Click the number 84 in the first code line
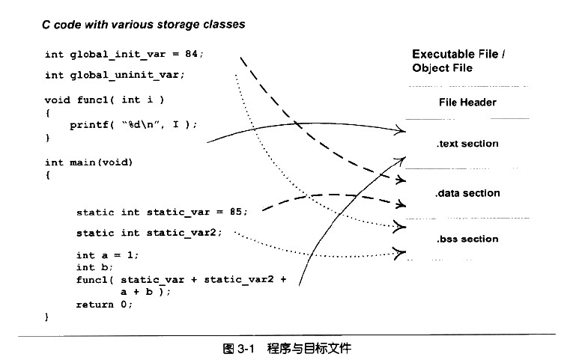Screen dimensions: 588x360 [191, 54]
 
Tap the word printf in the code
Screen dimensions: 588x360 [88, 125]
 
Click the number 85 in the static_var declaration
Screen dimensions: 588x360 [235, 212]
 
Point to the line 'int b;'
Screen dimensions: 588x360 [94, 267]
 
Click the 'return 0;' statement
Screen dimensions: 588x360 [104, 305]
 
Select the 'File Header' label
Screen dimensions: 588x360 [467, 103]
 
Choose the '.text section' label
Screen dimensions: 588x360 [467, 144]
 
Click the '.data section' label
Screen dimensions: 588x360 [467, 193]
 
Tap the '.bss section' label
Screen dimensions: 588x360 [467, 239]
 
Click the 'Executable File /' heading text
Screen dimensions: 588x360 [458, 55]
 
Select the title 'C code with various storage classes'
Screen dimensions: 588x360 [144, 25]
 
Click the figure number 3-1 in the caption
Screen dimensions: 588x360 [246, 349]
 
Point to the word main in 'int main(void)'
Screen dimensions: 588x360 [82, 162]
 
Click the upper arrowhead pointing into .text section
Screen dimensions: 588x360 [400, 130]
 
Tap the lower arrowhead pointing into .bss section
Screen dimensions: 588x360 [400, 253]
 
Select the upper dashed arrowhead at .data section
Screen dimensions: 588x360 [401, 180]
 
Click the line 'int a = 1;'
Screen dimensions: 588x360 [107, 255]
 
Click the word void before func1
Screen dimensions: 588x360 [57, 100]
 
